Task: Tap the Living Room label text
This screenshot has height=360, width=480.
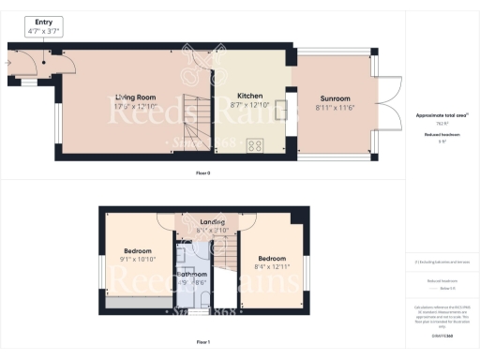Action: [x=135, y=97]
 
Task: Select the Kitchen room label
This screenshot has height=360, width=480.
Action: [x=248, y=96]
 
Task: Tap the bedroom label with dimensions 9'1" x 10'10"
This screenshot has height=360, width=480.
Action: [x=138, y=251]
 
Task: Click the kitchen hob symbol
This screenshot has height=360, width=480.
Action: [x=253, y=145]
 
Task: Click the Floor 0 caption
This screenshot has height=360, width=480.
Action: [x=203, y=174]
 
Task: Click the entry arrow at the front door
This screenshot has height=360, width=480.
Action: [x=7, y=64]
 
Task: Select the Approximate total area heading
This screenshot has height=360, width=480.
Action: [x=441, y=114]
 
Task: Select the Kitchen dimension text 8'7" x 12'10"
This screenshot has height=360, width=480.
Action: [x=248, y=105]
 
